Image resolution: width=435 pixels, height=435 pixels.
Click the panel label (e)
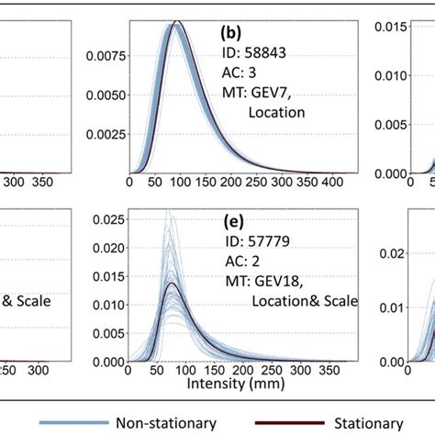(233, 221)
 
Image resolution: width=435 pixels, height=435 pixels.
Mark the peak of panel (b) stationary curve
(180, 22)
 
